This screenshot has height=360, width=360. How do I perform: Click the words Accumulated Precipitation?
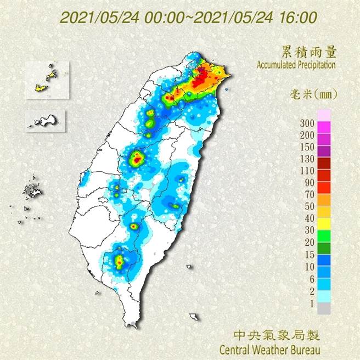296,65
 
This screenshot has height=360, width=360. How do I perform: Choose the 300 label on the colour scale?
307,122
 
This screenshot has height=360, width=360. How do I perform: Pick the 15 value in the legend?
309,255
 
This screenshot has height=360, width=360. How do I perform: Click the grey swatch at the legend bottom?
324,309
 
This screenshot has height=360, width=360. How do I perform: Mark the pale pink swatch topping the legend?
324,114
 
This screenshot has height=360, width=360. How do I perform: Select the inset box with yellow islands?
47,80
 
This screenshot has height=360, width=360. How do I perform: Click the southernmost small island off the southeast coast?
194,317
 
